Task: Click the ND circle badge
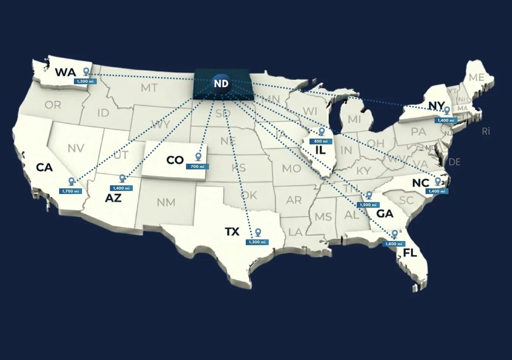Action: coord(221,83)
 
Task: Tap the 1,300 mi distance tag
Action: coord(85,81)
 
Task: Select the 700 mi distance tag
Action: coord(197,166)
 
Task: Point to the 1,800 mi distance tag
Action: coord(394,244)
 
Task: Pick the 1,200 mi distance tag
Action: coord(257,242)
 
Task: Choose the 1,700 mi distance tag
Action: coord(71,191)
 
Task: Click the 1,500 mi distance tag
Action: coord(368,205)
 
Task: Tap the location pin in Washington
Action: coord(86,71)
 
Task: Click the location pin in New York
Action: coord(447,110)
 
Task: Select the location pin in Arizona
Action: coord(122,178)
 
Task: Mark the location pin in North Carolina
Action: coord(438,181)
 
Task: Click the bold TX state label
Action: coord(232,231)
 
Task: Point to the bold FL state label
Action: coord(410,252)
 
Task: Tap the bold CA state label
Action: coord(44,167)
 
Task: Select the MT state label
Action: coord(149,88)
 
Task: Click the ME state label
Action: coord(476,77)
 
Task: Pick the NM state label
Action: coord(166,202)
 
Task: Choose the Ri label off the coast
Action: coord(486,131)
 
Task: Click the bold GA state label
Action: coord(385,214)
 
